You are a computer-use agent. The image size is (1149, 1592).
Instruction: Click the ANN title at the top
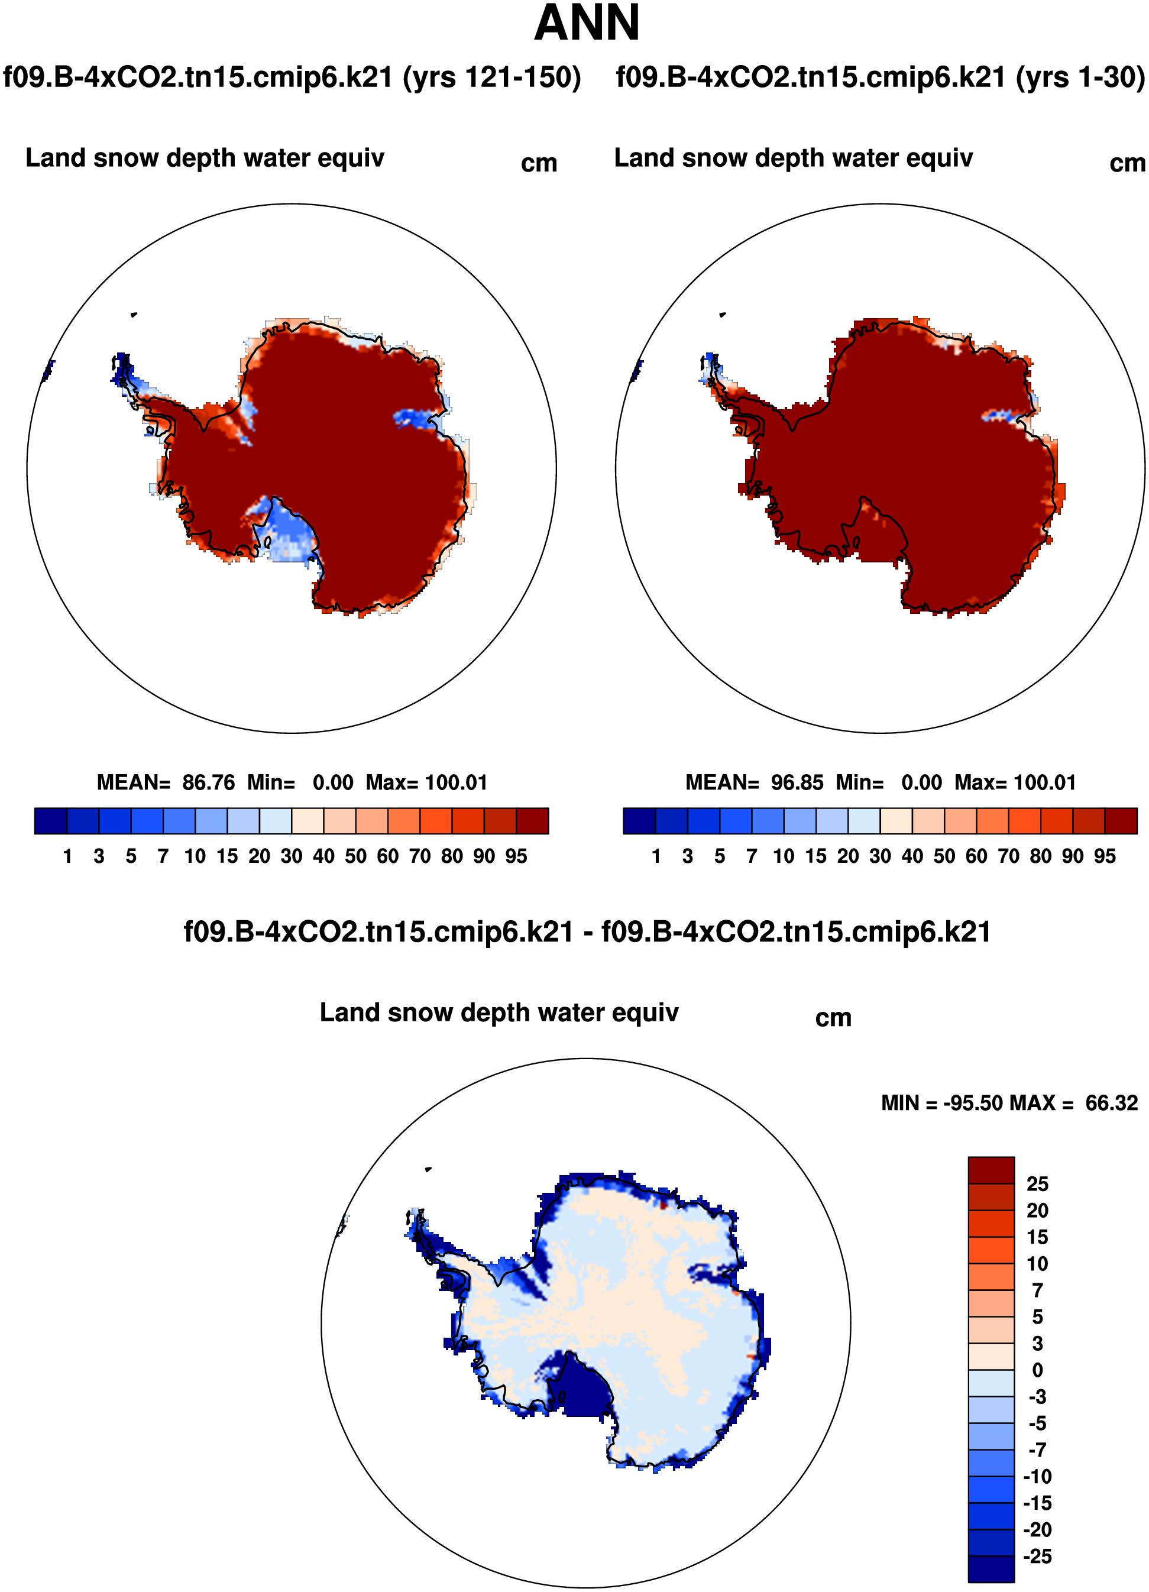point(587,23)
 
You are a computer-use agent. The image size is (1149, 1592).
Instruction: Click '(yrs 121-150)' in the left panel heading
point(492,77)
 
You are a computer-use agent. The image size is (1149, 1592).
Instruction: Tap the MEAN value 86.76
point(209,782)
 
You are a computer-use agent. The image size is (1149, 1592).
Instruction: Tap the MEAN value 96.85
point(797,782)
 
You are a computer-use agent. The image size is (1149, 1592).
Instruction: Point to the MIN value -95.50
point(972,1104)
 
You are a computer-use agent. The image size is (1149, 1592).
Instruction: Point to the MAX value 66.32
point(1111,1104)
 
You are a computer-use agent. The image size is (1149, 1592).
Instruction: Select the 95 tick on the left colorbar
point(516,856)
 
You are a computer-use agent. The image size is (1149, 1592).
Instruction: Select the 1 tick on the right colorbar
point(656,856)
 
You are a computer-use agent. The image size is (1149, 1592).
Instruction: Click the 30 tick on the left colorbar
point(292,856)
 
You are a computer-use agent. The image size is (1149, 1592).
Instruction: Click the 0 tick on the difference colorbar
point(1037,1370)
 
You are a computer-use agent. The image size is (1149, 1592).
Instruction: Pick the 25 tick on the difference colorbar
point(1037,1184)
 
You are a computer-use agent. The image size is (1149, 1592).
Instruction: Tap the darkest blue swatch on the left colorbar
point(50,821)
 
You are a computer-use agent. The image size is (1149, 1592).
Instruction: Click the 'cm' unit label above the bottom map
point(833,1018)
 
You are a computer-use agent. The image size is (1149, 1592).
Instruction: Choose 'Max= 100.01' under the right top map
point(1015,782)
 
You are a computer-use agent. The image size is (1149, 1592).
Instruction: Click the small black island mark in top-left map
point(134,315)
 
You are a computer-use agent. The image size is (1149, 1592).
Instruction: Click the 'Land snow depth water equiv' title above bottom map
point(499,1013)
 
